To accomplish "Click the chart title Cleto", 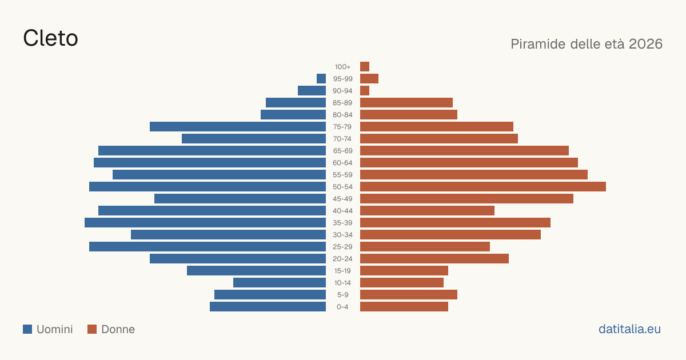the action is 50,38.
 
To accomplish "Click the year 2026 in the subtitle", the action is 645,44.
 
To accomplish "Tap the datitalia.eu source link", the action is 629,329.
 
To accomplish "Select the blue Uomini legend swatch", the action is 27,329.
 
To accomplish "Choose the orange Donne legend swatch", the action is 92,329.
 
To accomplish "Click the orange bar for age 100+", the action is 365,66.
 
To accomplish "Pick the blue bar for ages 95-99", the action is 321,78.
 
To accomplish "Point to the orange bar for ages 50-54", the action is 483,186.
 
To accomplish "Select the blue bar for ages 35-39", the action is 205,222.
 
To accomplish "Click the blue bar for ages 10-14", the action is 280,282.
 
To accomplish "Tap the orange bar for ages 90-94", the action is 365,91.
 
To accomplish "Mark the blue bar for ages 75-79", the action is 238,126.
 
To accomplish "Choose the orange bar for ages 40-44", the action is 427,211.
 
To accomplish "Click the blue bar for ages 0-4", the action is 268,306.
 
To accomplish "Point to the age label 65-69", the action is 342,151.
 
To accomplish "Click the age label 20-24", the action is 342,259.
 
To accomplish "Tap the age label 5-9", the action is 342,295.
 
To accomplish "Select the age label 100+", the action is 342,67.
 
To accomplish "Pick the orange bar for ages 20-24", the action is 434,259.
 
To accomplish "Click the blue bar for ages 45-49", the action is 240,199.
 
